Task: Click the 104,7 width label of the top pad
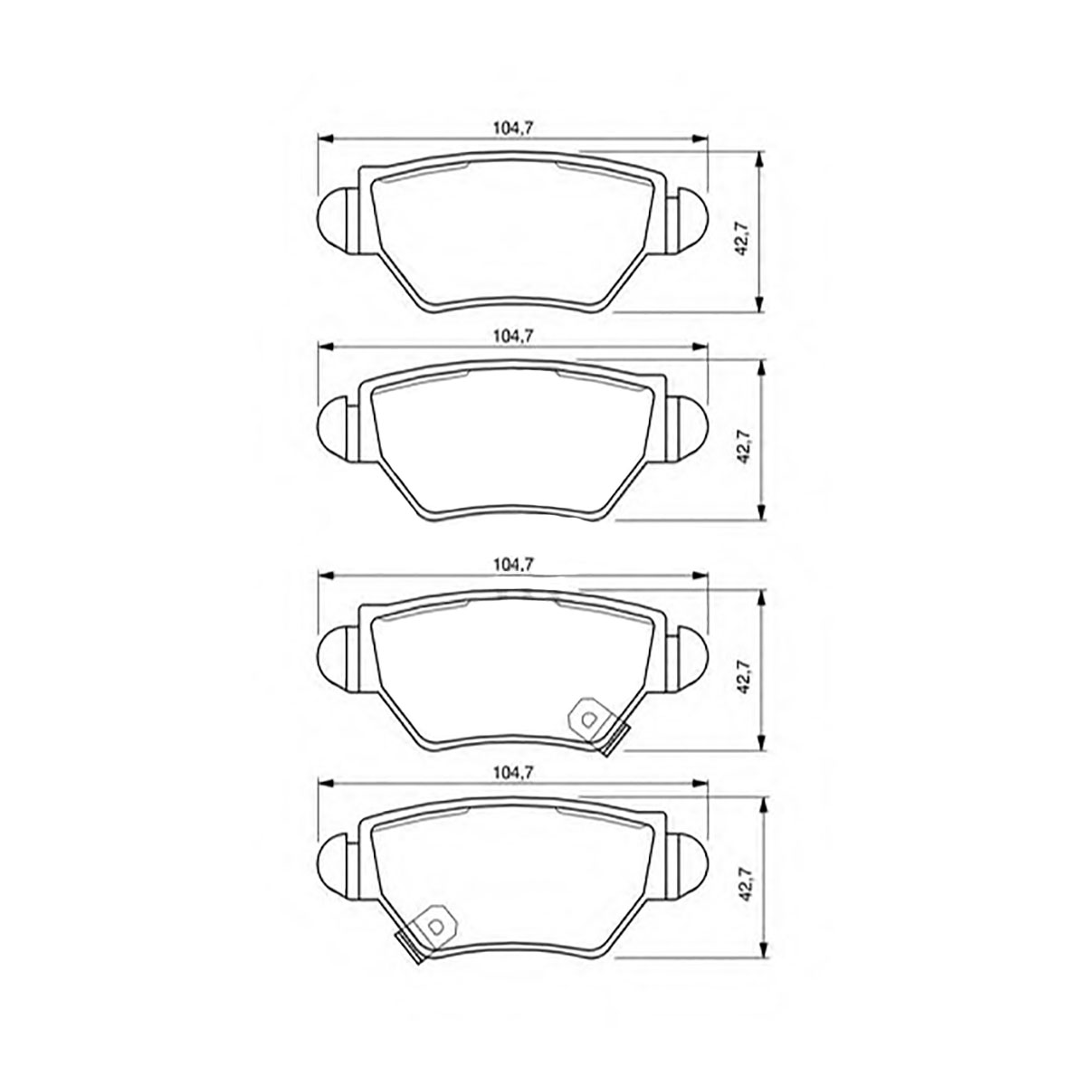513,128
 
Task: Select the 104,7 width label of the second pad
513,337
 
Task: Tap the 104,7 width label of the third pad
513,565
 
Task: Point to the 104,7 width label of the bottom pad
513,774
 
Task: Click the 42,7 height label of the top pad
742,238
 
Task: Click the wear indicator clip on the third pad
597,725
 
